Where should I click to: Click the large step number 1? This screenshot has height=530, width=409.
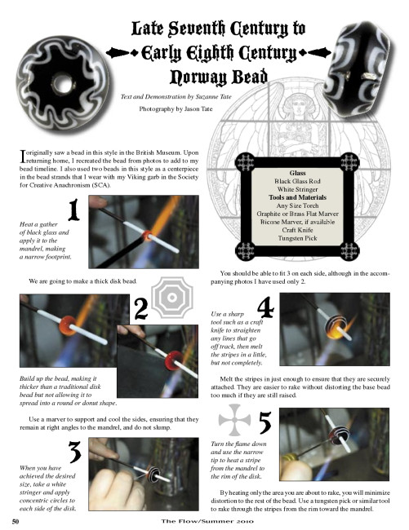[73, 210]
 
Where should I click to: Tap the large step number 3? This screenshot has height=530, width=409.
[75, 452]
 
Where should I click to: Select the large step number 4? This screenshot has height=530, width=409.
[265, 307]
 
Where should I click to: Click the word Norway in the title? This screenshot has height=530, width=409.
[194, 77]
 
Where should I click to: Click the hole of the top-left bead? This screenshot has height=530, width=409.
[64, 83]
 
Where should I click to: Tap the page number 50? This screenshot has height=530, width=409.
[16, 522]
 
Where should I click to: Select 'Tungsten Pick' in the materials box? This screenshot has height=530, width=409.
[297, 238]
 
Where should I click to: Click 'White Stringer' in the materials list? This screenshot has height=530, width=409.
[297, 189]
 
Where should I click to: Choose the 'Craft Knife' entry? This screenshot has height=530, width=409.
[297, 230]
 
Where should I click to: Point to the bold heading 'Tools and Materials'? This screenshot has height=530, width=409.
[297, 197]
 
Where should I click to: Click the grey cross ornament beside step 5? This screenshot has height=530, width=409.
[234, 420]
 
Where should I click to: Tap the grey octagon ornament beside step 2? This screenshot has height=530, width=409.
[172, 298]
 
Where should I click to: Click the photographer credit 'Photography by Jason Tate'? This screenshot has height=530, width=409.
[176, 108]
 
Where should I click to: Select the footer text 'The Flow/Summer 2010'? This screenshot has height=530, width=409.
[207, 521]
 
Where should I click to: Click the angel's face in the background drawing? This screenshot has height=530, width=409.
[300, 106]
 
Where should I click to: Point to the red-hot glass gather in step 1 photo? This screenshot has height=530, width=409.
[148, 236]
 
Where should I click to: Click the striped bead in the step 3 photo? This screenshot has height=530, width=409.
[153, 474]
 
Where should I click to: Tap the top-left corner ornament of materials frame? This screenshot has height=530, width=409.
[245, 162]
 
